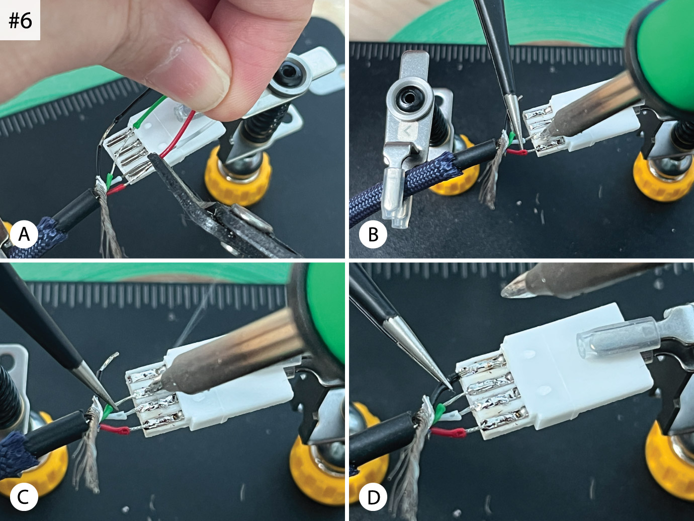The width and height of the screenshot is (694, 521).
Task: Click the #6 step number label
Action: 20,21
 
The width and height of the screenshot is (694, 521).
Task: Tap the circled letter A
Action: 24,235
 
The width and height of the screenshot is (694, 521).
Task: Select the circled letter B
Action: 373,235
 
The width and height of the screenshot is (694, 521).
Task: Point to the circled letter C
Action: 24,497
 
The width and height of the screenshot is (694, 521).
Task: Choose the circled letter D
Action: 373,497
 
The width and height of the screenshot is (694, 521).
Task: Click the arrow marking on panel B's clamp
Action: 407,130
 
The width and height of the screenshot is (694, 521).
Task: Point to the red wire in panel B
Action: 517,153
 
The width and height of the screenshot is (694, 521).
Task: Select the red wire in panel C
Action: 115,429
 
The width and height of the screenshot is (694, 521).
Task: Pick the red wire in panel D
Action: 448,432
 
